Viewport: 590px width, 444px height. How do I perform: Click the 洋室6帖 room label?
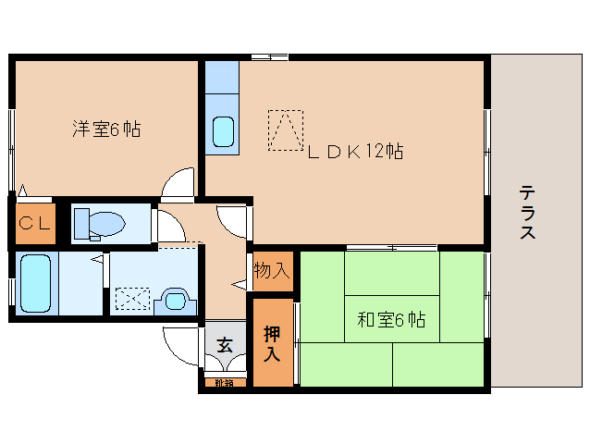(x=106, y=129)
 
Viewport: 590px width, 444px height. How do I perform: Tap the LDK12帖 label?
(x=355, y=151)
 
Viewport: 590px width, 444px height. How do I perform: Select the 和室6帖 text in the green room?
(x=391, y=321)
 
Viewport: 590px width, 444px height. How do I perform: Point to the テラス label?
(x=527, y=213)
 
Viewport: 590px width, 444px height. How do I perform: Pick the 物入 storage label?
(x=273, y=271)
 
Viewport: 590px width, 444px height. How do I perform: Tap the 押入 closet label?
(x=272, y=343)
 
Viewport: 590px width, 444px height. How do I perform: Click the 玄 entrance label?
(x=225, y=345)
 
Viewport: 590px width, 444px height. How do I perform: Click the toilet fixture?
(x=100, y=223)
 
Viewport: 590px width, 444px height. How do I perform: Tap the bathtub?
(x=36, y=283)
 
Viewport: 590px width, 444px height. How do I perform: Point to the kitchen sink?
(x=224, y=132)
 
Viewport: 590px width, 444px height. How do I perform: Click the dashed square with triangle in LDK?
(x=285, y=129)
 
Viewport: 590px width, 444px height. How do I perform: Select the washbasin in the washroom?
(x=175, y=299)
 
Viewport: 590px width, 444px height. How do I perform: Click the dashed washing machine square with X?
(x=132, y=298)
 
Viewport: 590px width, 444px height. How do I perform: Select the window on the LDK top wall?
(x=269, y=57)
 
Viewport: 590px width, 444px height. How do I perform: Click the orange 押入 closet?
(x=273, y=343)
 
